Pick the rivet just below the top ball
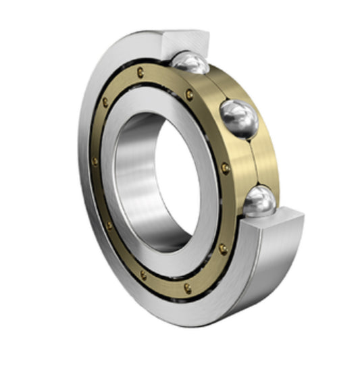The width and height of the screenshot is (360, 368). pyautogui.click(x=190, y=94)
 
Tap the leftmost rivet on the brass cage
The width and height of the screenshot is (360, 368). pyautogui.click(x=95, y=161)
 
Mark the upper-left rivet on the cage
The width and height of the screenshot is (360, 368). pyautogui.click(x=105, y=103)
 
